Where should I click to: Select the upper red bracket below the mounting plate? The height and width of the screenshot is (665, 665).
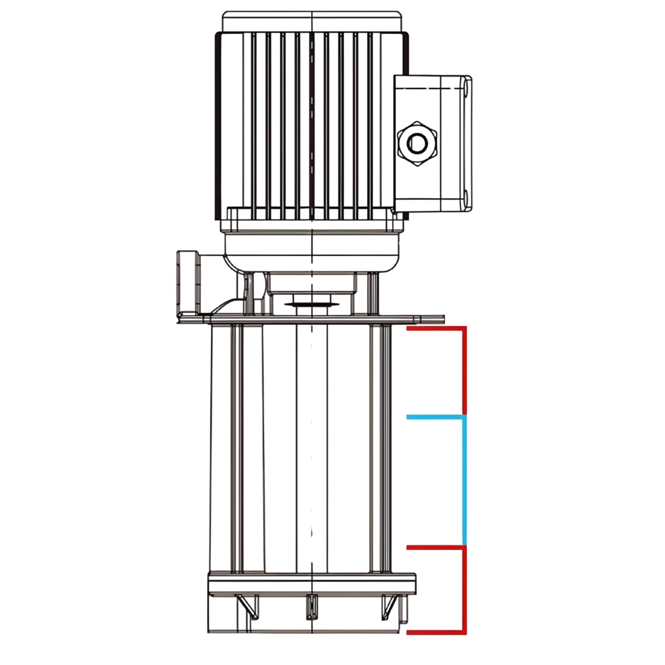click(464, 370)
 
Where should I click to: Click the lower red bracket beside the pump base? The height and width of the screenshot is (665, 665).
click(464, 589)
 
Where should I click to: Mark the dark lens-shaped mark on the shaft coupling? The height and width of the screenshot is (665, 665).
click(311, 305)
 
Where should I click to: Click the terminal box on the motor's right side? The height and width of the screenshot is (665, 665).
click(432, 143)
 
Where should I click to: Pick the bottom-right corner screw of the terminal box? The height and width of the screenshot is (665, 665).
click(467, 198)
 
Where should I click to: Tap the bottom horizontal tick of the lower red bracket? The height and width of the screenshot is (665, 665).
click(436, 631)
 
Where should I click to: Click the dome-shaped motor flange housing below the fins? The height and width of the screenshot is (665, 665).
click(311, 253)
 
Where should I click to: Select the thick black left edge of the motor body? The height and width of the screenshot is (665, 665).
click(217, 126)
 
